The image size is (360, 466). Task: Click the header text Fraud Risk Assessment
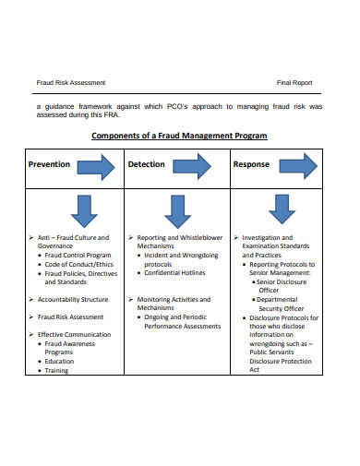click(x=71, y=83)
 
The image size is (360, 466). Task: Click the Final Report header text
click(x=294, y=83)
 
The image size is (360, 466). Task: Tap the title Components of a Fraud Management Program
click(x=179, y=136)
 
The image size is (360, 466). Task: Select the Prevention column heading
click(x=49, y=165)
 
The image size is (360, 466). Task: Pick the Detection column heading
click(x=147, y=165)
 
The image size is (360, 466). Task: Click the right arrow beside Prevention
click(x=96, y=167)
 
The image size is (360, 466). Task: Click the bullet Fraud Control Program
click(x=78, y=256)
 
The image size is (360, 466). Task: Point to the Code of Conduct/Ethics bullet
click(x=79, y=265)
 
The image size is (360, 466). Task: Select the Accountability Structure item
click(x=73, y=300)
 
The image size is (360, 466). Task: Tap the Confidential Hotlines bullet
click(x=174, y=273)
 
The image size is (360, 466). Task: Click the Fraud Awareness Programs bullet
click(x=71, y=348)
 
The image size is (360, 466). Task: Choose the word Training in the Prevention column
click(x=57, y=370)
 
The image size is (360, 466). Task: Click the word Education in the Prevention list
click(x=59, y=362)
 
